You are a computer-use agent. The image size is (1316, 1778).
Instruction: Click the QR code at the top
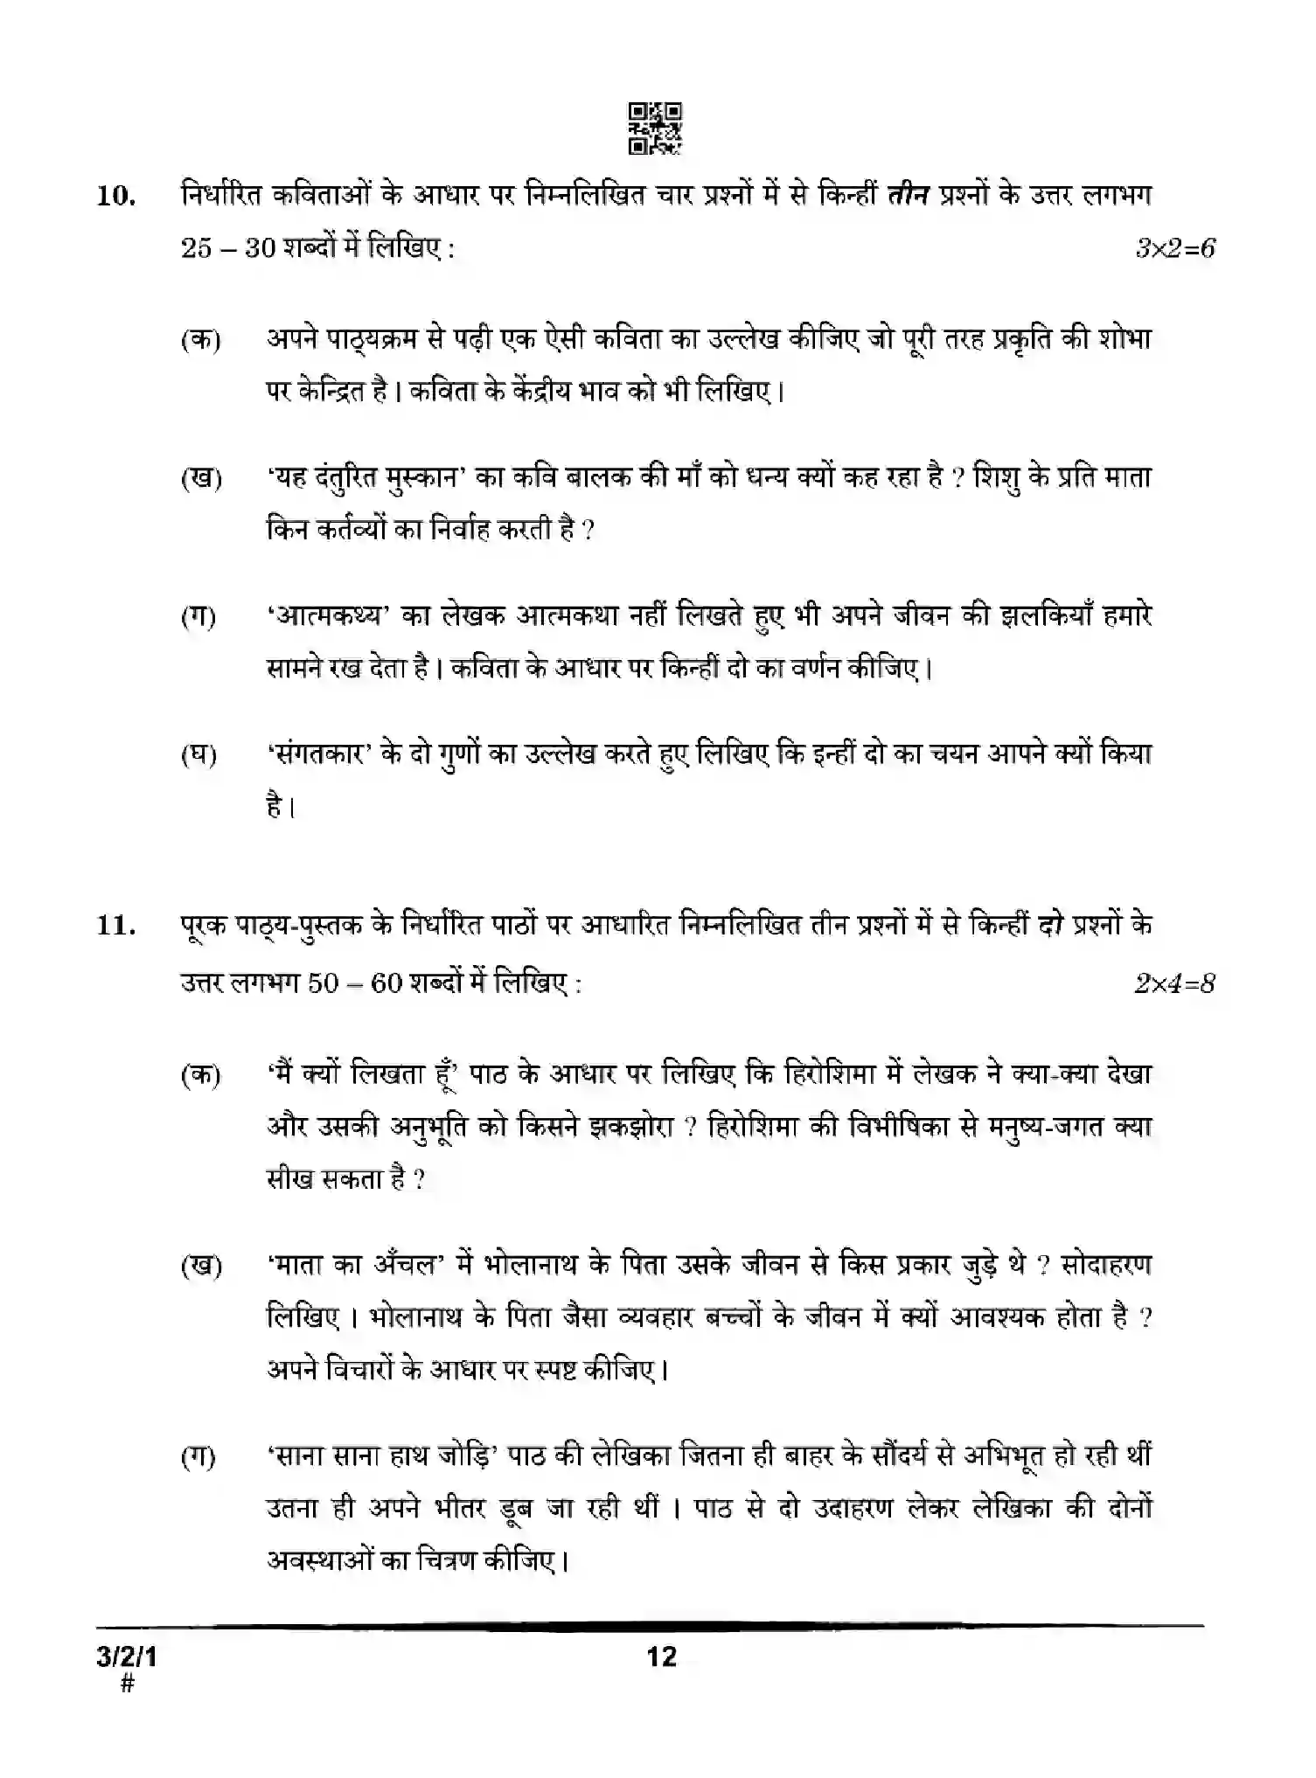click(x=656, y=129)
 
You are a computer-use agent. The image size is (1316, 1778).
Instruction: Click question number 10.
click(x=115, y=196)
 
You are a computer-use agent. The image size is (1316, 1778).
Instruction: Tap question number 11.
click(x=115, y=925)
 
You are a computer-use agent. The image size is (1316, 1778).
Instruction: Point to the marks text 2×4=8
click(x=1174, y=983)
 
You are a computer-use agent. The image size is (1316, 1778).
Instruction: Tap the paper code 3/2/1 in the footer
click(x=128, y=1656)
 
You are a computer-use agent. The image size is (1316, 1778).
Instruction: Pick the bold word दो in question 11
click(x=1056, y=925)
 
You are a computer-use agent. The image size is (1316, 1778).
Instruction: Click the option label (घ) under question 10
click(x=199, y=755)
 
